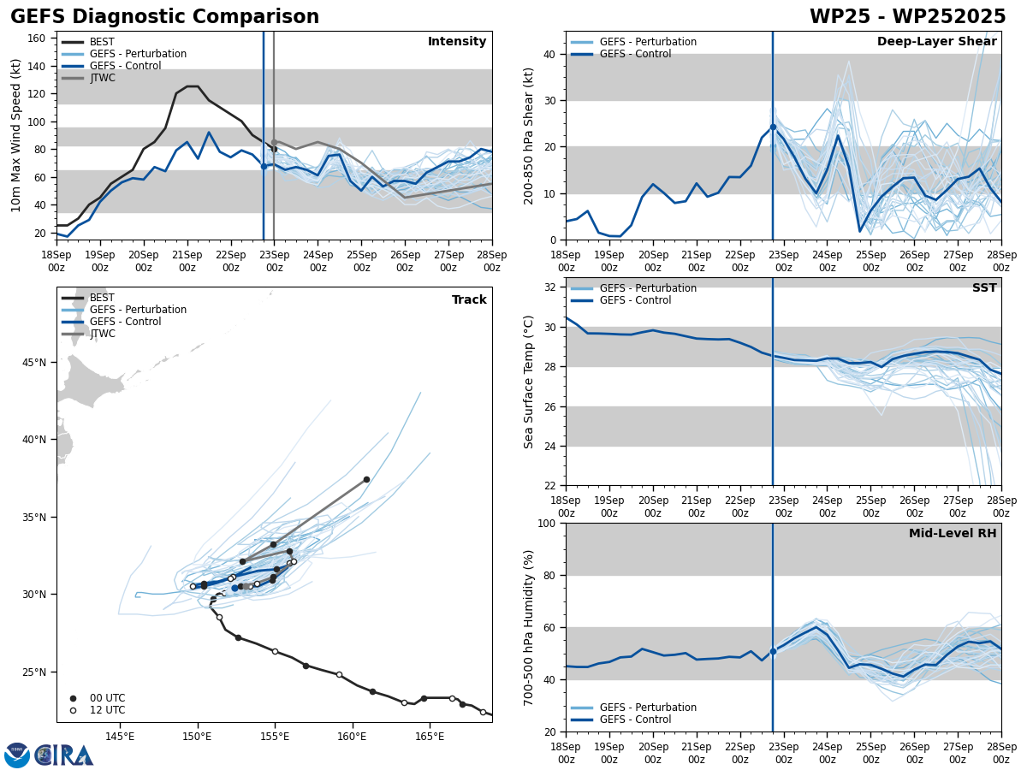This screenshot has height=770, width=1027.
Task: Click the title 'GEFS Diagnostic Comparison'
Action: [164, 17]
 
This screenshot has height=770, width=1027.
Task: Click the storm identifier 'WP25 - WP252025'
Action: [907, 17]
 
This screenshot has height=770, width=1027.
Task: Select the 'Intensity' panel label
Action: [457, 42]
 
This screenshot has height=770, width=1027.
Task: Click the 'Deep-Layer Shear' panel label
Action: [936, 42]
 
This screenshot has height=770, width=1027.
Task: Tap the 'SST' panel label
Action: [984, 288]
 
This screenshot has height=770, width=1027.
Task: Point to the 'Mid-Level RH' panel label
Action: [953, 534]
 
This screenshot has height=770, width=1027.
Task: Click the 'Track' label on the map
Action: [469, 300]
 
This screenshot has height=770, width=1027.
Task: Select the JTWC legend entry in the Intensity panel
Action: [102, 78]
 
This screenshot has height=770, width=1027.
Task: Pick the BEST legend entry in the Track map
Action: [102, 298]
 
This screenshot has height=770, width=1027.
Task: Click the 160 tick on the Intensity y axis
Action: [38, 38]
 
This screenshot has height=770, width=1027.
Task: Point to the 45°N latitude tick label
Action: [33, 363]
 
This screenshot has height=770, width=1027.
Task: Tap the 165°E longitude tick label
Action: [430, 737]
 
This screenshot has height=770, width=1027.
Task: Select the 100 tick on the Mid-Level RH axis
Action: [546, 523]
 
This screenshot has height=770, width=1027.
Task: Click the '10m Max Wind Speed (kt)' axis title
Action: [15, 135]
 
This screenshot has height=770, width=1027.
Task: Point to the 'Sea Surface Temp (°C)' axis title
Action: [529, 382]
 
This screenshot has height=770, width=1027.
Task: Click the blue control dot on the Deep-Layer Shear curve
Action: [773, 127]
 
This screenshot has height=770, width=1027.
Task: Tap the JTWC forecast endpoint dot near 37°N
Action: [366, 479]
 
